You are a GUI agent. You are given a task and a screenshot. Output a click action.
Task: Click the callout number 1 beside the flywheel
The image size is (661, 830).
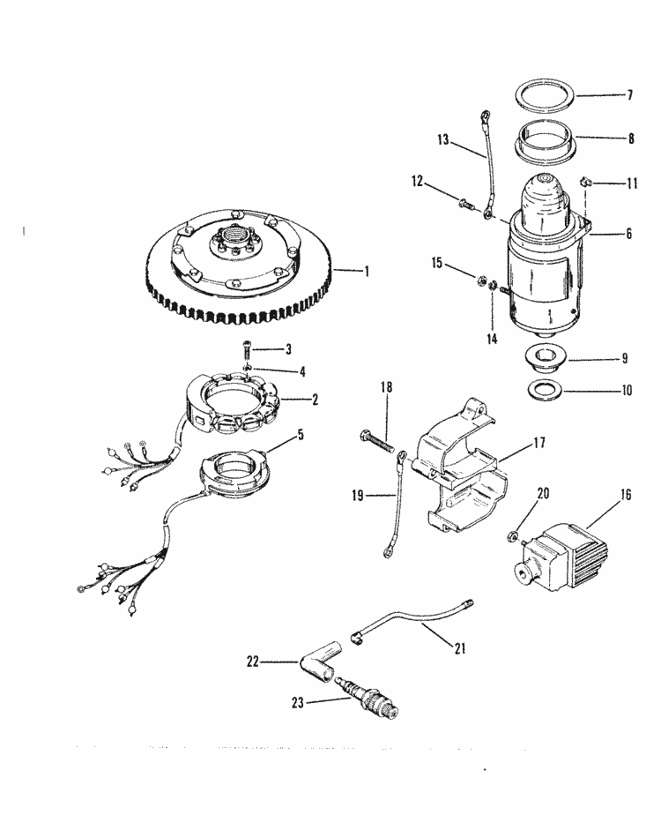point(366,271)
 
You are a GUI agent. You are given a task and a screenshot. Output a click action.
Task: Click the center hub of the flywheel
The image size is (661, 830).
point(231,239)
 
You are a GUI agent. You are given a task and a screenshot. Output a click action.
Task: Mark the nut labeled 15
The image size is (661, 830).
point(483,282)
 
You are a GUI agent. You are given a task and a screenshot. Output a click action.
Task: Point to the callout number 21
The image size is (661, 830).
point(458,649)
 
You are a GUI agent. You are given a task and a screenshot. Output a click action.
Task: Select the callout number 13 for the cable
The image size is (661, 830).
point(442,139)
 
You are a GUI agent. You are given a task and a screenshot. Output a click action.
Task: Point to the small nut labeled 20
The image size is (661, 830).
point(511,536)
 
